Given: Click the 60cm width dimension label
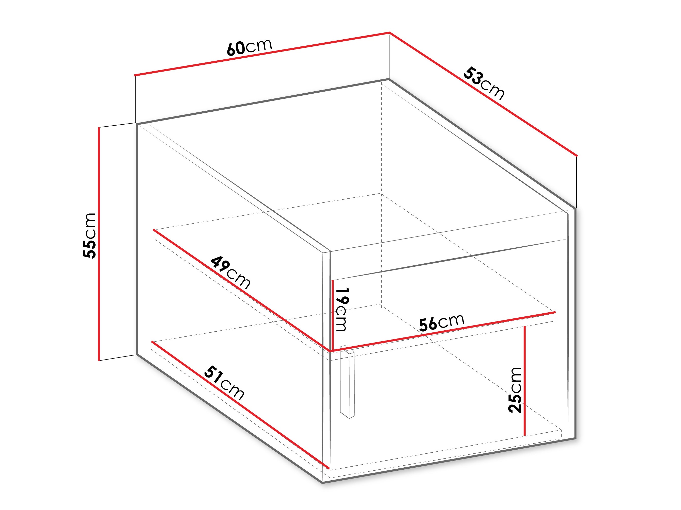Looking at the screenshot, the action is point(249,48).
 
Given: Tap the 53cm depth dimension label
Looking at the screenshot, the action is point(484,83).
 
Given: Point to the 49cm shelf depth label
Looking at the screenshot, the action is point(230,272).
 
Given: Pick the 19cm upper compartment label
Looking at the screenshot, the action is point(342,309).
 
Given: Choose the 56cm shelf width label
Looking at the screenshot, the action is point(441,322).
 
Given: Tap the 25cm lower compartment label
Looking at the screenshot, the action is point(515,390).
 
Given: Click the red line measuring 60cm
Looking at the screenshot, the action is point(262,54).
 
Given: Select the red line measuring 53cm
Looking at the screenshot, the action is point(483,94).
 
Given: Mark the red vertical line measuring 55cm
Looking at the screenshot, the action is point(99,244).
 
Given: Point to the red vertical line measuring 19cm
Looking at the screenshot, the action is point(332,315).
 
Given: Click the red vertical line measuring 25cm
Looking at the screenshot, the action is point(525,381).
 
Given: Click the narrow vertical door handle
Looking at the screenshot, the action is point(347,382).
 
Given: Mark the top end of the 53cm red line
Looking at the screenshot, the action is point(390,32).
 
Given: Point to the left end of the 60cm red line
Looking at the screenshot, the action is point(135,75).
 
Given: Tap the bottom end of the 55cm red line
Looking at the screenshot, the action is point(99,360).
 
